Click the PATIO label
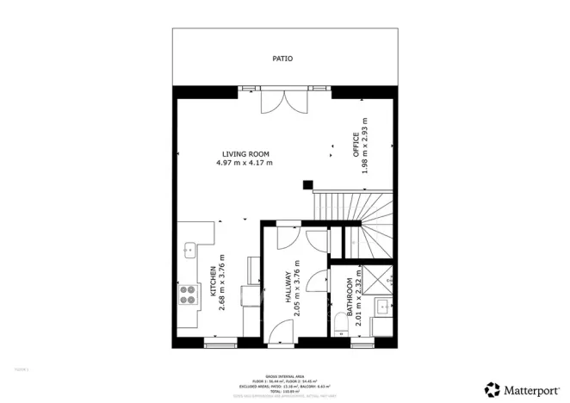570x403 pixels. coord(282,59)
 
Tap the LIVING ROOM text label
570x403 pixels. coord(244,154)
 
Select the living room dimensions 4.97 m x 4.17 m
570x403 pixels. coord(244,163)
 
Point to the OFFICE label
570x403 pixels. coord(355,146)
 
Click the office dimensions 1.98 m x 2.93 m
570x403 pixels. coord(365,146)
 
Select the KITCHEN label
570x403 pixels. coord(213,283)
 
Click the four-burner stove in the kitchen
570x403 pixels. coord(187,294)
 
